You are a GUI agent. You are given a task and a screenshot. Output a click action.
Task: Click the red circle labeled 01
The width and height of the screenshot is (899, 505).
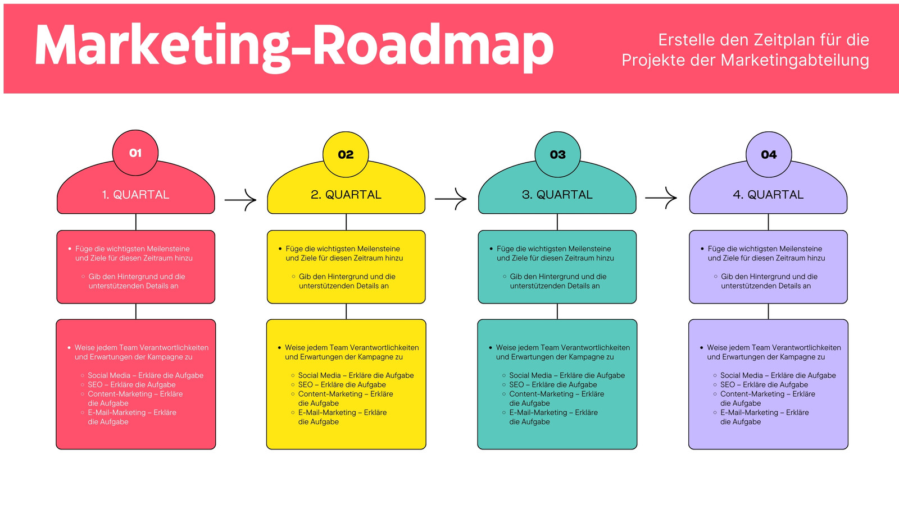coord(135,153)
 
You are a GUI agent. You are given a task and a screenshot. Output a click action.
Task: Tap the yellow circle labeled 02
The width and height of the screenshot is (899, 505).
coord(346,154)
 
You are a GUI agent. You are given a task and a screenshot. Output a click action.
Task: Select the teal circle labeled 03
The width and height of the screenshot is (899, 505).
coord(557,154)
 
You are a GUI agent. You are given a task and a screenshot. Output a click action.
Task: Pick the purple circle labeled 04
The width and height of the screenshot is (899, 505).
coord(769,154)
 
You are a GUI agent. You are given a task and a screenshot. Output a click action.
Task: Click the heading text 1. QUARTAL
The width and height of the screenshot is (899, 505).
coord(135,195)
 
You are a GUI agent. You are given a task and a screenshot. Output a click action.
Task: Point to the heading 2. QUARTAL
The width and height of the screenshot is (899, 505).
coord(346,195)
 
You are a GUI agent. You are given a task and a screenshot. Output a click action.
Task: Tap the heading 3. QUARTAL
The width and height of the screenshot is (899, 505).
coord(557,195)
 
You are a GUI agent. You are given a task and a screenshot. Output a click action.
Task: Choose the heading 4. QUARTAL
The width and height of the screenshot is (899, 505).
coord(768,195)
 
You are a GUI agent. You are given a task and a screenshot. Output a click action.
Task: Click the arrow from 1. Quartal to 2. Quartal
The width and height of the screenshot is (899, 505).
coord(240,199)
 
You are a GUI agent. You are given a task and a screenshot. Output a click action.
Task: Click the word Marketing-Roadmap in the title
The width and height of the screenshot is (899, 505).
coord(294,46)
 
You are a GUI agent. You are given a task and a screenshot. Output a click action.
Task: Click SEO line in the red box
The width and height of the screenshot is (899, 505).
coord(131,385)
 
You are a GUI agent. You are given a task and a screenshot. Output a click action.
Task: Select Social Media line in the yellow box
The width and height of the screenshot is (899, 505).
coord(356,375)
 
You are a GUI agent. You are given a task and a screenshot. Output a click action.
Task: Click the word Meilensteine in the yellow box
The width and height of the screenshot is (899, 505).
coord(379,249)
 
